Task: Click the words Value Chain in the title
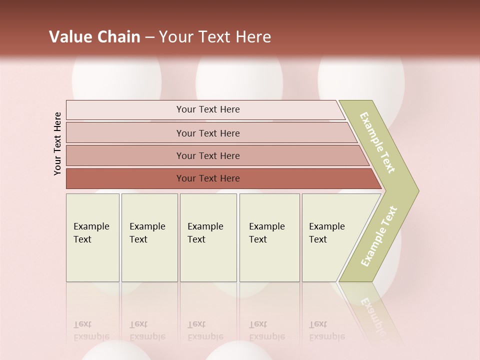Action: pos(94,37)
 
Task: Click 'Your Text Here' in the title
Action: pos(215,37)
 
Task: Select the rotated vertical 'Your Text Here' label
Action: pos(57,143)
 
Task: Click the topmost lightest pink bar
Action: pos(207,109)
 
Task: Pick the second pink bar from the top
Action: pos(207,133)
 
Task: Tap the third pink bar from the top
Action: pos(207,155)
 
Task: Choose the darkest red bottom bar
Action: pos(207,178)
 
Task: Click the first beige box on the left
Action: pos(92,237)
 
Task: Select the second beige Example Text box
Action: pos(149,237)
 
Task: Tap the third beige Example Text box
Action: pos(208,237)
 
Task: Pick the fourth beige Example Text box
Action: pos(269,237)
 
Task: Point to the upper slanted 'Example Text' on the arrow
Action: pos(377,142)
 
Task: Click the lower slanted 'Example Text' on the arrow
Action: pos(379,236)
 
